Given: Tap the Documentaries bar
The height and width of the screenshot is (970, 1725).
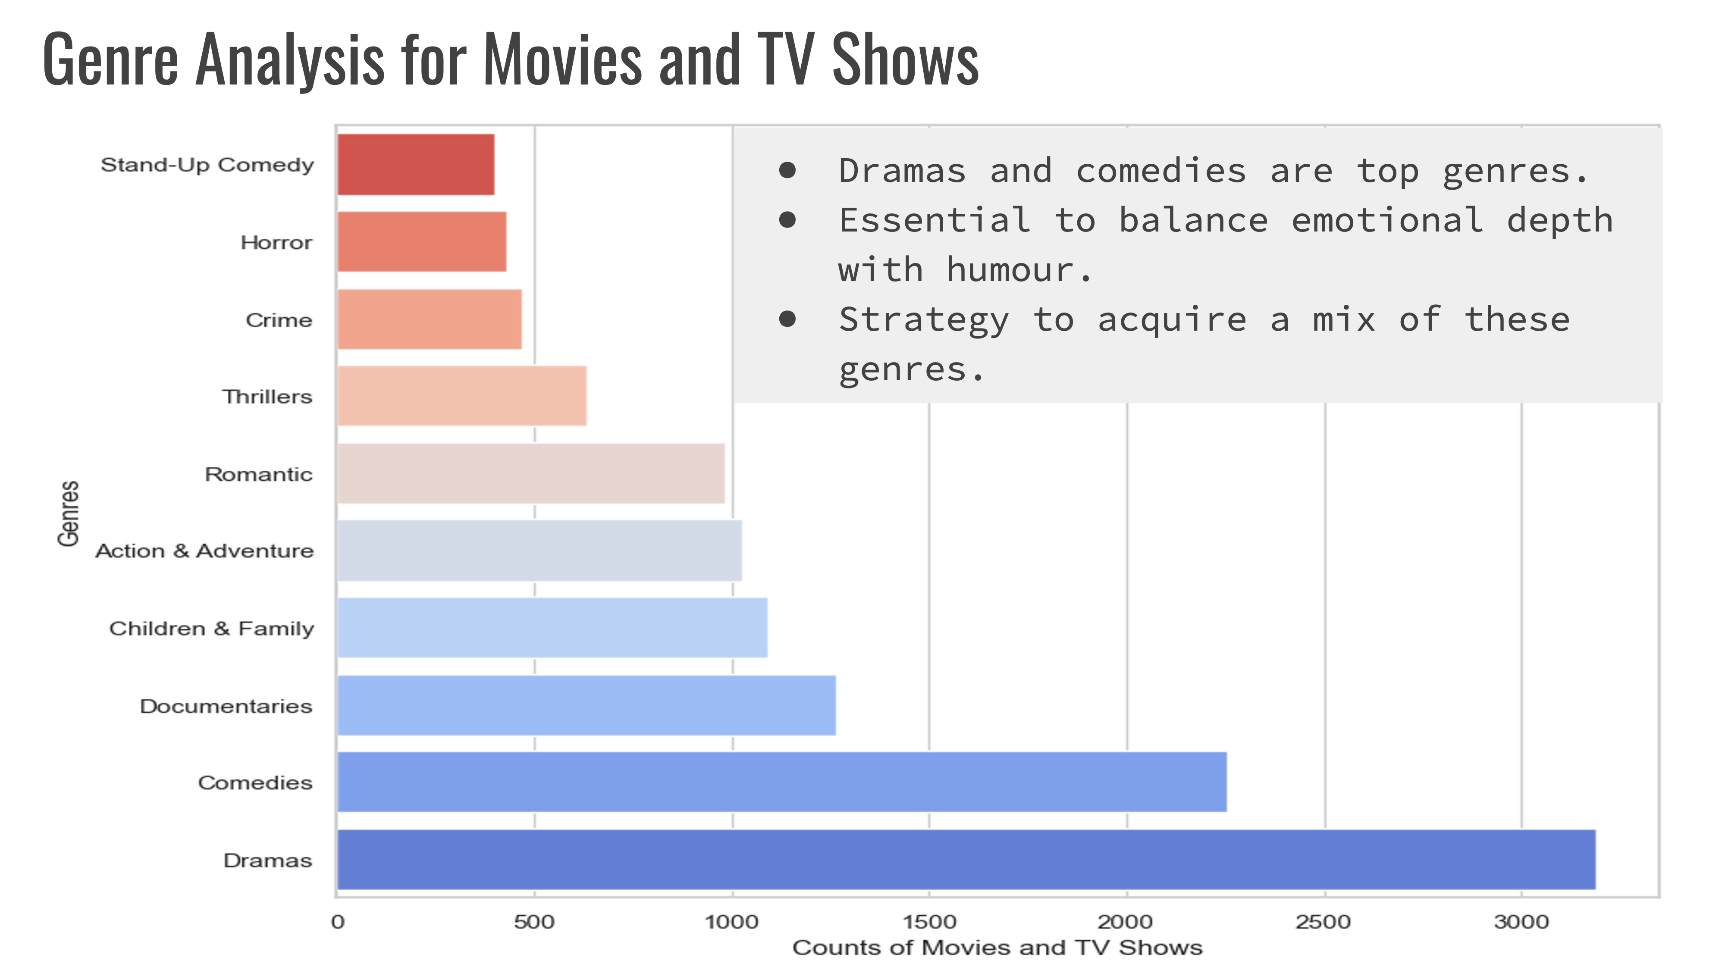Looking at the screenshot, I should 586,705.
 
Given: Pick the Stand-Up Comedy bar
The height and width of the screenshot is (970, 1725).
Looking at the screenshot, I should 415,165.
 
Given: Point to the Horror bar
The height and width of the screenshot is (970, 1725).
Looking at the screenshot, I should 421,242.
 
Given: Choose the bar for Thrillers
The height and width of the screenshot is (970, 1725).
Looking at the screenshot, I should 461,396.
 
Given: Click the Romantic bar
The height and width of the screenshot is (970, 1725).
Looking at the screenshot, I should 530,473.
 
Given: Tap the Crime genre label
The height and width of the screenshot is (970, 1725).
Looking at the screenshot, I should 279,320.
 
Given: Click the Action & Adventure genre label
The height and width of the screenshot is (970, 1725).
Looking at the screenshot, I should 204,551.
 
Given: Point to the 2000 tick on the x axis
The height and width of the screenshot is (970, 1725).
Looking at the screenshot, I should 1125,922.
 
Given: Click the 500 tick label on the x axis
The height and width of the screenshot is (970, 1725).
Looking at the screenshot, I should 534,922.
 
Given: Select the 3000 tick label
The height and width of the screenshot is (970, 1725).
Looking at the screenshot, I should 1521,922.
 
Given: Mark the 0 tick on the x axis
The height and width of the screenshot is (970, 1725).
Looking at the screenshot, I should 338,922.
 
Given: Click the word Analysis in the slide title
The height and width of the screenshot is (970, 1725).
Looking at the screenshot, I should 289,60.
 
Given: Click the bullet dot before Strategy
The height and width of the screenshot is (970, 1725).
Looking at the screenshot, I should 787,319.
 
